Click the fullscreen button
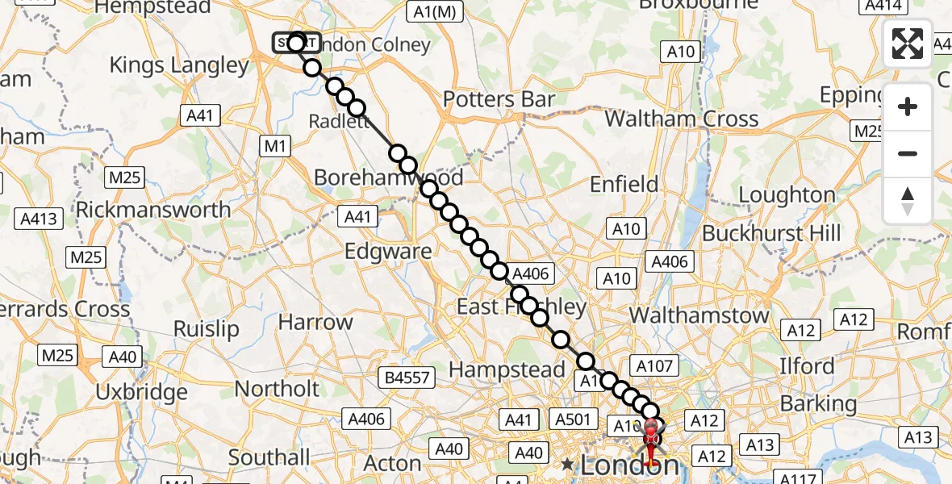908,44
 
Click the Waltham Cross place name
682,119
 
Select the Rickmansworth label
153,210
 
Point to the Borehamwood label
389,177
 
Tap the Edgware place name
388,251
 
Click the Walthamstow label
699,315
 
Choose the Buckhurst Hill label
764,234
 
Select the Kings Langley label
179,65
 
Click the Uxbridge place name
141,393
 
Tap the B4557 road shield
408,377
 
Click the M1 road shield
276,146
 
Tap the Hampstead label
507,370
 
